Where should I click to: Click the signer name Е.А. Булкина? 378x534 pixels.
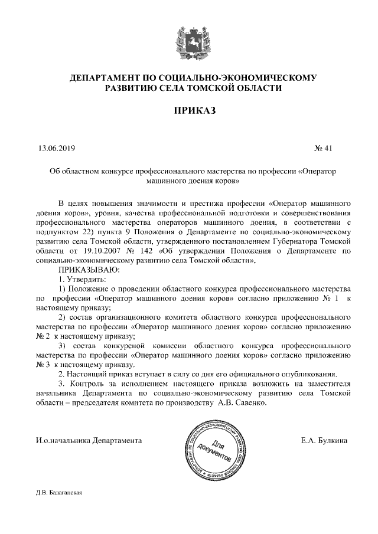point(324,440)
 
